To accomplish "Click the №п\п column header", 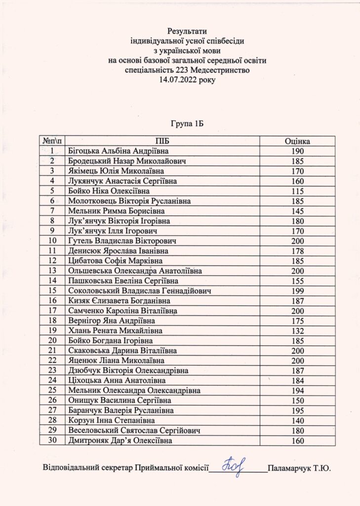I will click(52, 141).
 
